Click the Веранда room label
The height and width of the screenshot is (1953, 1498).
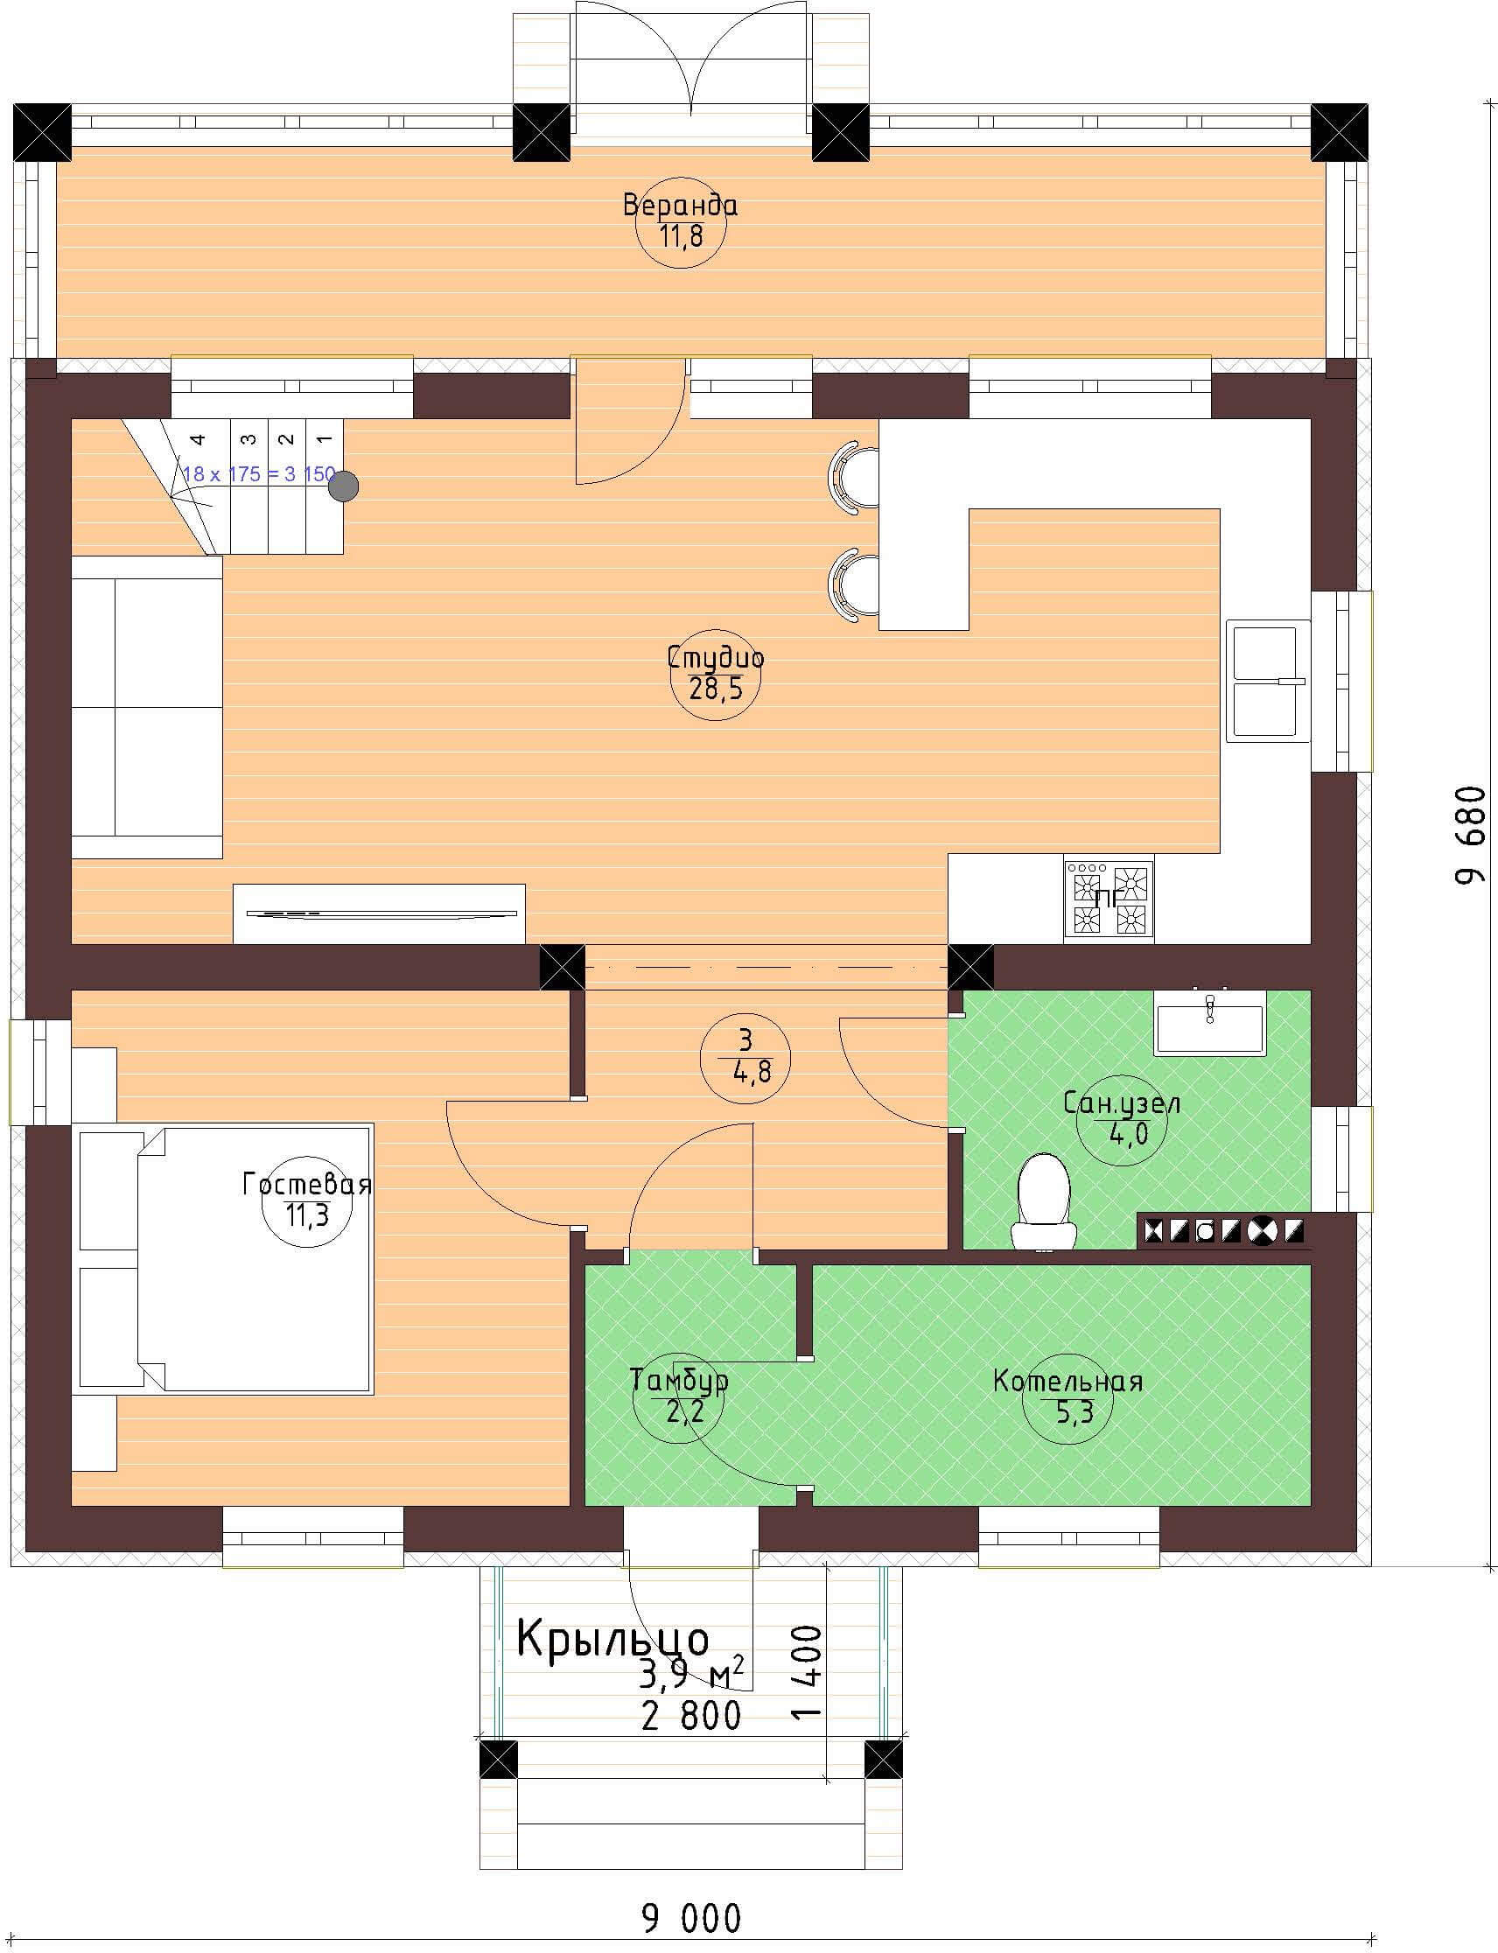[681, 206]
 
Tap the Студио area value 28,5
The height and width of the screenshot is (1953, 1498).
[715, 689]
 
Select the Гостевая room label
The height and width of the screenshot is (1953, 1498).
[307, 1185]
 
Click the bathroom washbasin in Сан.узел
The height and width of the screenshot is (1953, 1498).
[1209, 1023]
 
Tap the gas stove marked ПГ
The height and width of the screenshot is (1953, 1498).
[1109, 898]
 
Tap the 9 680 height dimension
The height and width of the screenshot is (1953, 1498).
[1471, 836]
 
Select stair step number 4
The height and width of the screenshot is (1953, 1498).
[198, 438]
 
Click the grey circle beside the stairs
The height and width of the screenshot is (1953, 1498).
[343, 486]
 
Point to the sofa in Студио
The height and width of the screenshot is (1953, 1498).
[146, 707]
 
